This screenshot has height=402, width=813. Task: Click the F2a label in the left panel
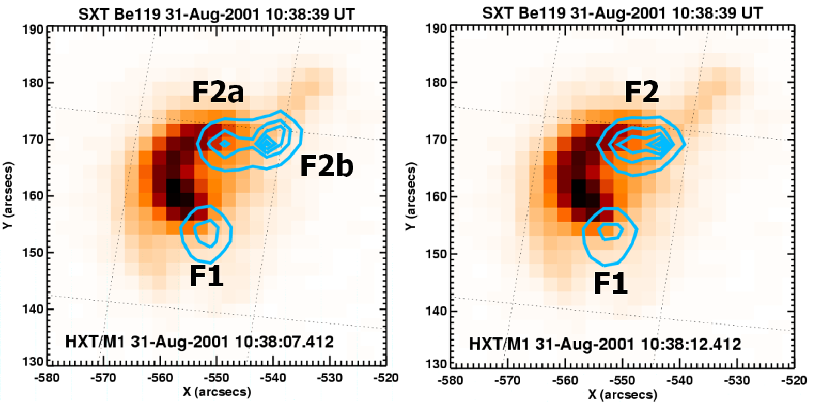pos(218,93)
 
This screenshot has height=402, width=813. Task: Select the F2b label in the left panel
pos(327,166)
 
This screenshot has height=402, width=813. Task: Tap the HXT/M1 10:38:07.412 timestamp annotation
pos(199,342)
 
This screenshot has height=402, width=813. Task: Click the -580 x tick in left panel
pos(52,377)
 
